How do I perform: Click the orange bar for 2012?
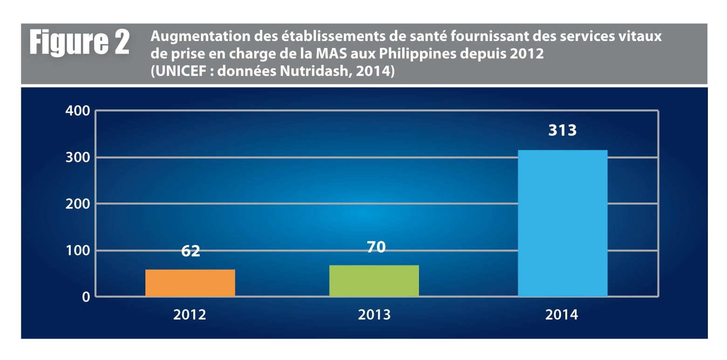click(190, 283)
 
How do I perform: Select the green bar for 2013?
click(374, 281)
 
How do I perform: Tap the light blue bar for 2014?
click(562, 223)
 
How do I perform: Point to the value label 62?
click(190, 251)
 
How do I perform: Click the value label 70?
click(376, 247)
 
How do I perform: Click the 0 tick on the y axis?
click(86, 297)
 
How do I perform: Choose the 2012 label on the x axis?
click(190, 315)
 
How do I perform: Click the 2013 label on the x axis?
click(374, 315)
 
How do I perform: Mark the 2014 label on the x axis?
click(562, 315)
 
